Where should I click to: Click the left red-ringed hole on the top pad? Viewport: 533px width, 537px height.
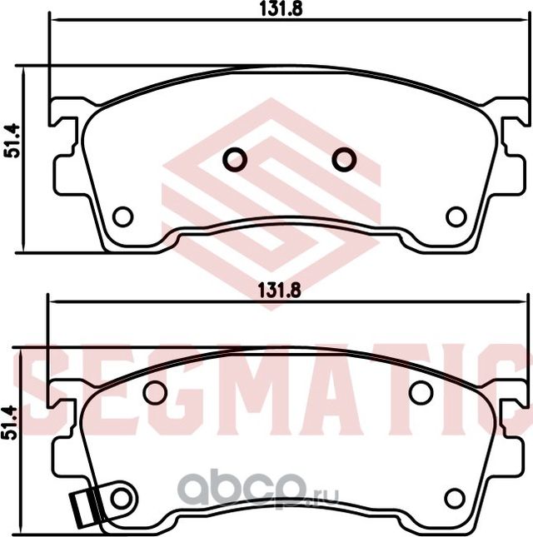236,158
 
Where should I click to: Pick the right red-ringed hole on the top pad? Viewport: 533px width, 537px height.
343,158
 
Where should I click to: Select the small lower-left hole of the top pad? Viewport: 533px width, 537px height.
122,216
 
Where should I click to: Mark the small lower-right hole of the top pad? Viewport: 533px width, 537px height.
455,216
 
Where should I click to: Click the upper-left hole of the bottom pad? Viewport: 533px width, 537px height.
154,392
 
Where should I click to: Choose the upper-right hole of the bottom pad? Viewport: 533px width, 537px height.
421,392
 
